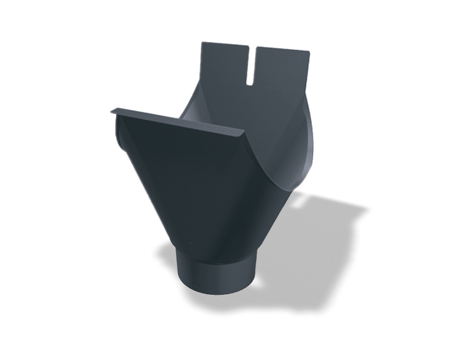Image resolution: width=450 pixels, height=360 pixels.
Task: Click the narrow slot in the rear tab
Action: pos(252,63)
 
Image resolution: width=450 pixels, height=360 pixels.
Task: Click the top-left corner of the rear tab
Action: pos(202,43)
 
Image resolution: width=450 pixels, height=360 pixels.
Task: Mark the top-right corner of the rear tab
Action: pos(310,51)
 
